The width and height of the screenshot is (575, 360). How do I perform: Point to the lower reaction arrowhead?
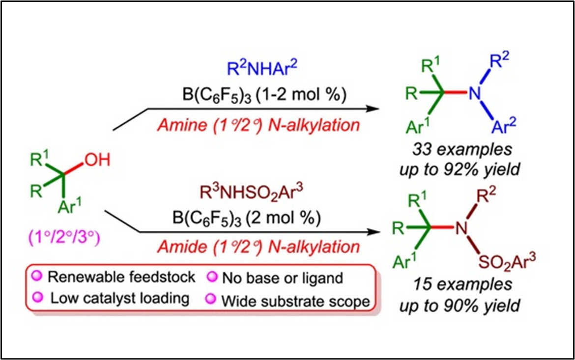click(376, 231)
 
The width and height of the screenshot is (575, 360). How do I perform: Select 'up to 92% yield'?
click(459, 169)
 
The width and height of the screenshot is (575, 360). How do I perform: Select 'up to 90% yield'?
click(459, 305)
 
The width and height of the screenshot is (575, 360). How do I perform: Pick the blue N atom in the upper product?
click(474, 94)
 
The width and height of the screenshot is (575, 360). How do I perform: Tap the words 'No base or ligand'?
click(282, 278)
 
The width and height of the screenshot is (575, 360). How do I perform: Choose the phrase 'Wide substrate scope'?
click(295, 300)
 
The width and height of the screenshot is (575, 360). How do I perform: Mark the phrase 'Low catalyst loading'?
click(119, 298)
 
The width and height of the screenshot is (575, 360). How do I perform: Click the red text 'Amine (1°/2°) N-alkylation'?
click(259, 125)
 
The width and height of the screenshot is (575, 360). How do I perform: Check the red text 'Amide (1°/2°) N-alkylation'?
click(259, 246)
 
